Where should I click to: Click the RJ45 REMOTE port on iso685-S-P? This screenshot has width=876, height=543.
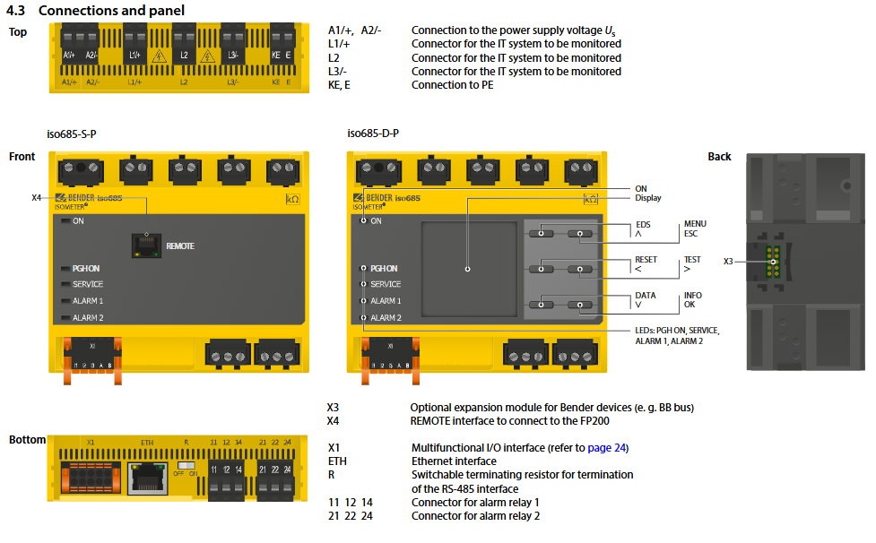[x=145, y=245]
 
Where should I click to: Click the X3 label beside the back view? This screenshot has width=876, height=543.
[x=728, y=261]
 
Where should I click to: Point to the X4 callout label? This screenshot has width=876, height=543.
[x=37, y=197]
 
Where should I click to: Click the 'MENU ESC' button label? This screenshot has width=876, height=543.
[x=695, y=228]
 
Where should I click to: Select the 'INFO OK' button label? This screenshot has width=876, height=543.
[x=693, y=299]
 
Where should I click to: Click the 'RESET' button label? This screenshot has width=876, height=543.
[x=646, y=260]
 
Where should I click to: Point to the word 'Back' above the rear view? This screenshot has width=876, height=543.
[x=719, y=157]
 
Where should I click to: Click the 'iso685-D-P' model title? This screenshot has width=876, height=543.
[x=373, y=134]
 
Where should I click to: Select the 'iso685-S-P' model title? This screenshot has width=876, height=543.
[x=72, y=134]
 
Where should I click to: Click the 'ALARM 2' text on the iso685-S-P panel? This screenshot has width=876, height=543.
[x=88, y=318]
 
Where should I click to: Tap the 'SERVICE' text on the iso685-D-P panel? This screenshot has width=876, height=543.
[x=386, y=285]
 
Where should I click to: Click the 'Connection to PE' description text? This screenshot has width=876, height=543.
[x=452, y=85]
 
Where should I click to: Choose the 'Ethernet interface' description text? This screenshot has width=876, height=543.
[x=454, y=461]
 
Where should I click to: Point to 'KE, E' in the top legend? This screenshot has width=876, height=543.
[x=339, y=85]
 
